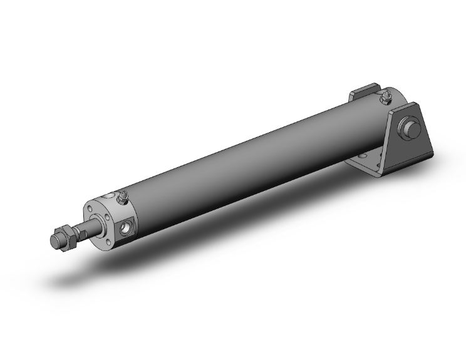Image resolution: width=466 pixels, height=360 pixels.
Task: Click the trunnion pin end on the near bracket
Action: (x=412, y=131)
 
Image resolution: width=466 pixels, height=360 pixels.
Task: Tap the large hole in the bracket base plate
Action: (x=361, y=155)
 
